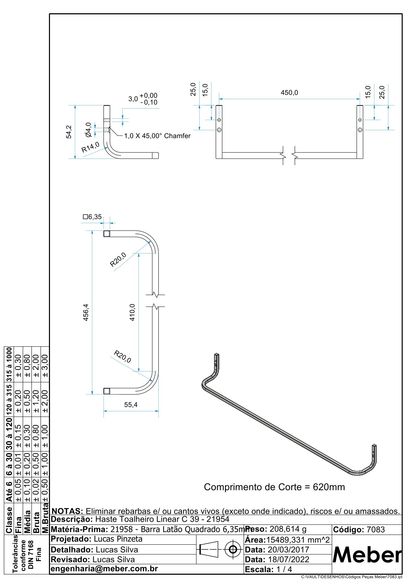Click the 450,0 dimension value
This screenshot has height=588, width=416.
pos(289,93)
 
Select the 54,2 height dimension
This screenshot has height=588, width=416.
pos(69,132)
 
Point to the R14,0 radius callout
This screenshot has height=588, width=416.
pos(90,147)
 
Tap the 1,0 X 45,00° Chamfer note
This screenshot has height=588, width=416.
pos(157,136)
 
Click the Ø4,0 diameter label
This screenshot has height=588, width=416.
pos(88,130)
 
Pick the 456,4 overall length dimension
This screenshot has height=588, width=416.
pos(86,312)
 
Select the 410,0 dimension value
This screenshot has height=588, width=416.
pos(132,312)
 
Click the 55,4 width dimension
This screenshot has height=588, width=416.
pos(131,405)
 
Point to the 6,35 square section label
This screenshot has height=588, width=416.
pos(92,217)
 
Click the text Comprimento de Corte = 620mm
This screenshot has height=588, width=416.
pos(274,487)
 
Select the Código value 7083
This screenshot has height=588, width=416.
pos(375,530)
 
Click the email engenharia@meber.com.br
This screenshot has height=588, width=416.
pos(104,569)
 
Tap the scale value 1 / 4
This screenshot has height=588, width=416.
pos(284,569)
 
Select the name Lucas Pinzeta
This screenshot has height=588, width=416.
pos(119,539)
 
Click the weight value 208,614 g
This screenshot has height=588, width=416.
pos(288,529)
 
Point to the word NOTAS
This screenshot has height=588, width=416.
pos(66,512)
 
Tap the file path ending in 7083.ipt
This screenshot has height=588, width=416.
pos(352,577)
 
